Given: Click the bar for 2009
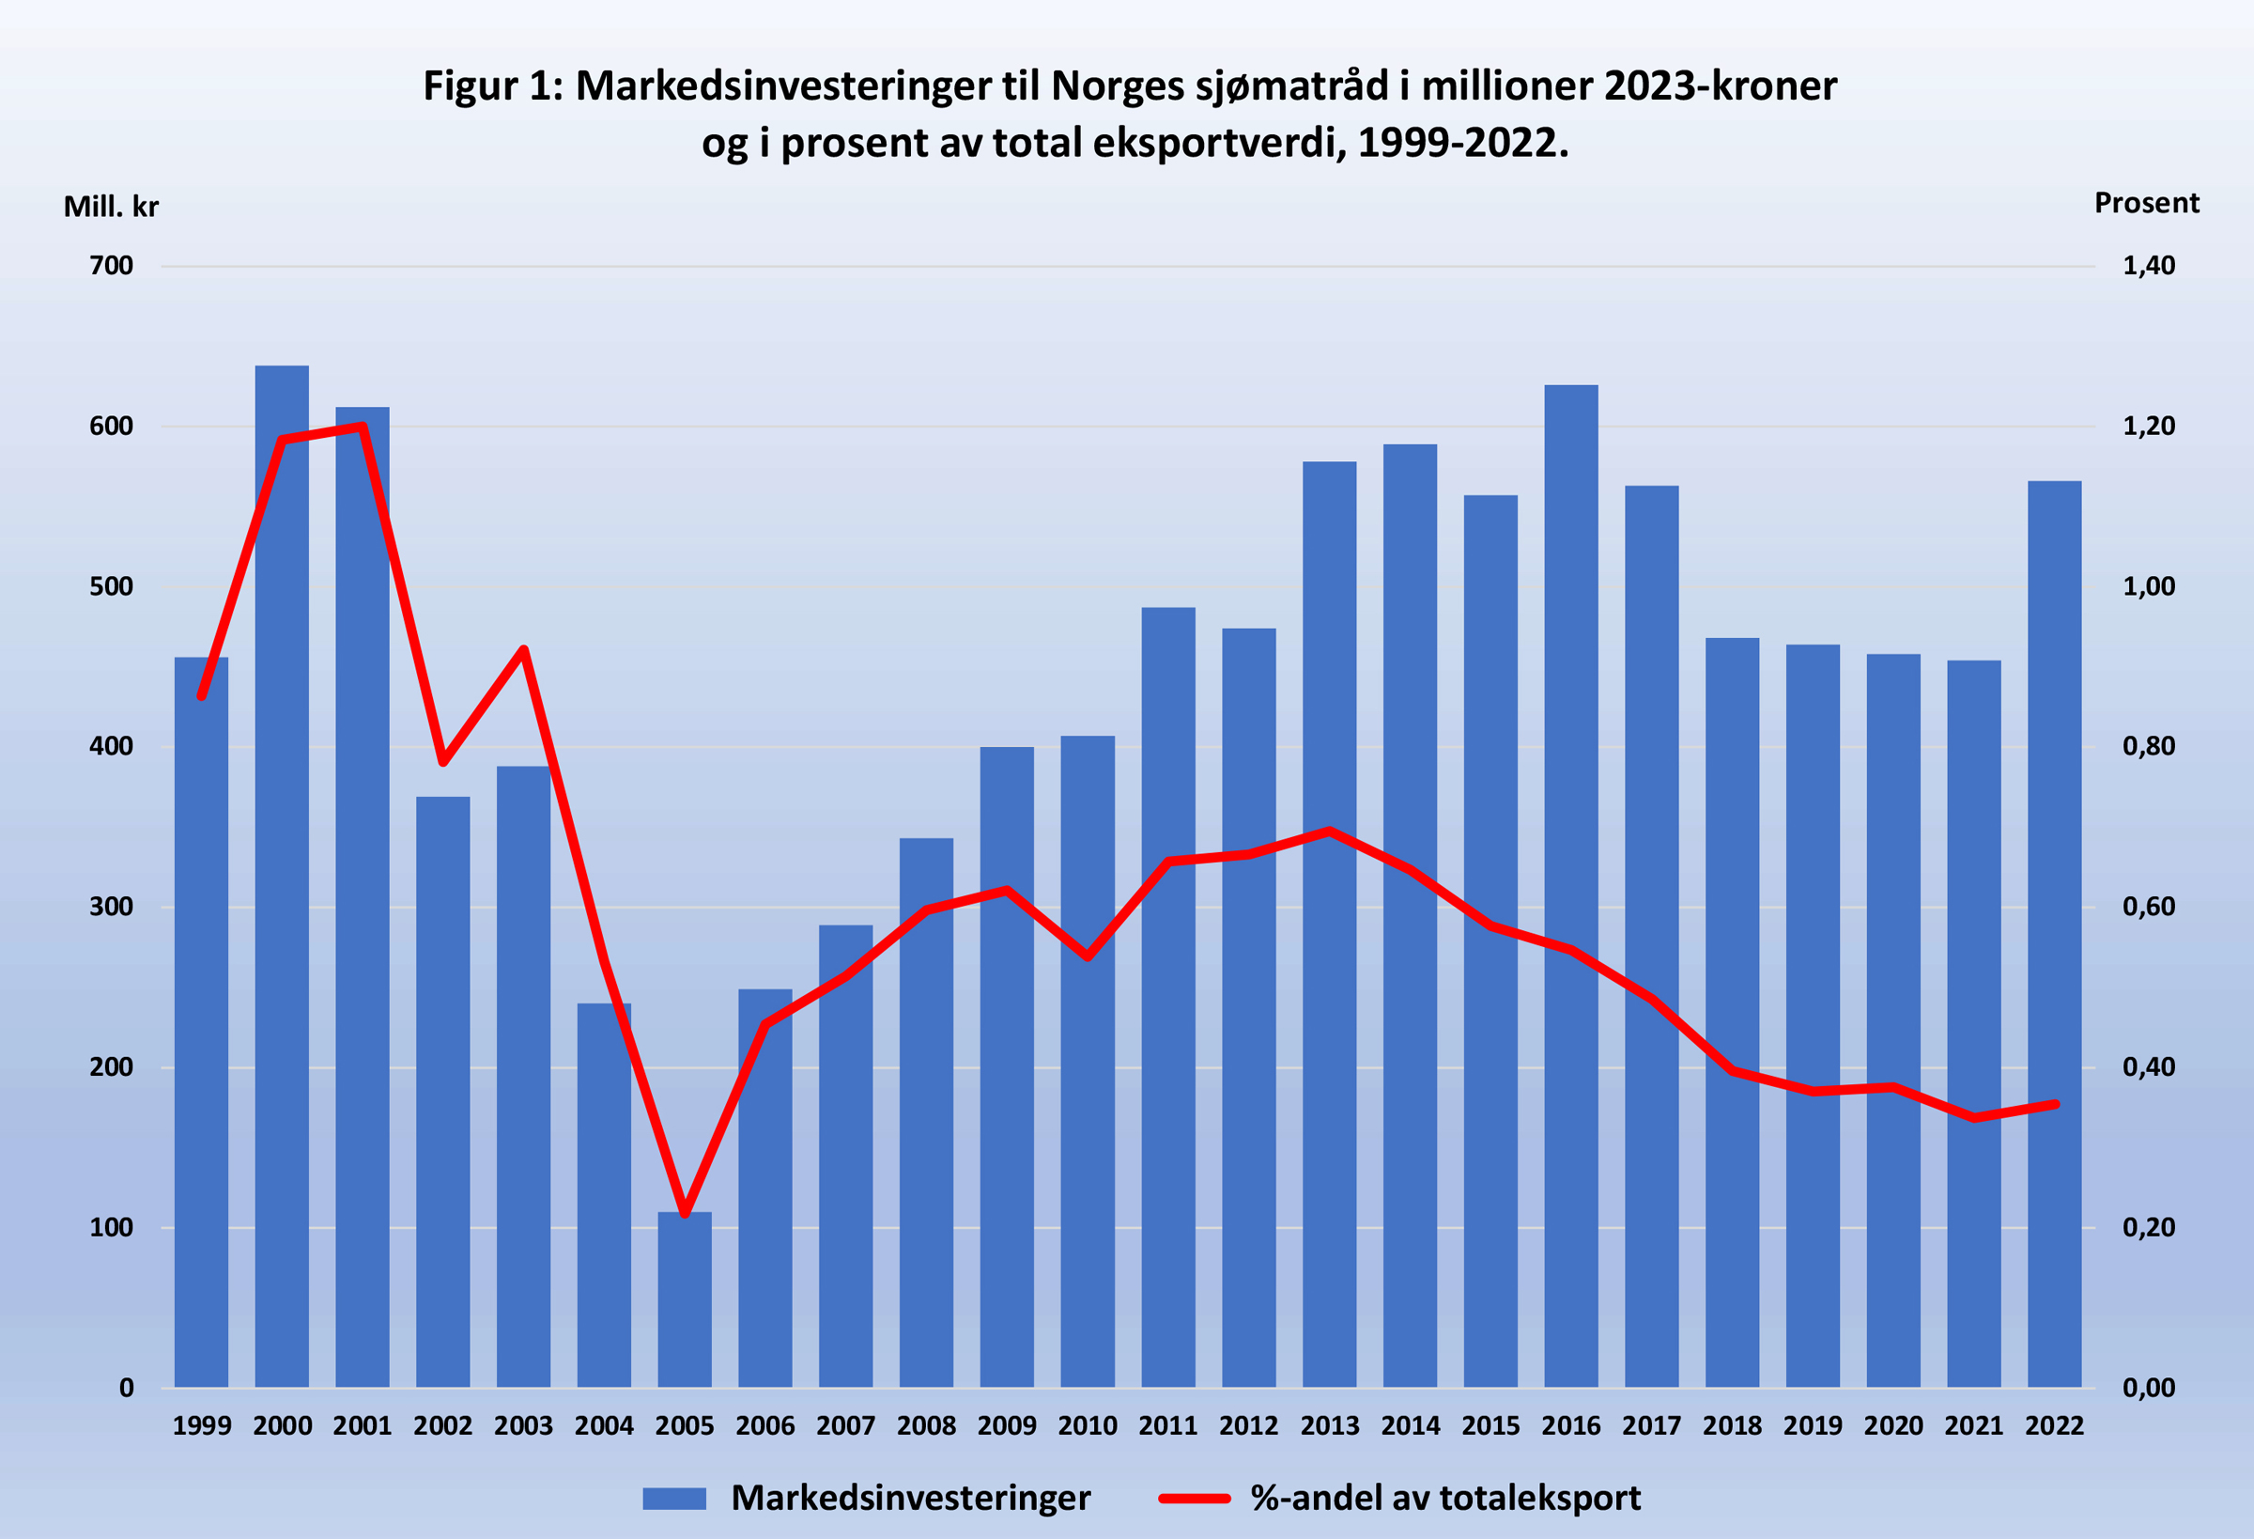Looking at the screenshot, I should (x=1007, y=1067).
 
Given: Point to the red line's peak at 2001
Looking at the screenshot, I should (x=362, y=426).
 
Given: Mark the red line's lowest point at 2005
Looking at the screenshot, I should (x=685, y=1213).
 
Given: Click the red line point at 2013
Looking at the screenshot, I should (x=1330, y=831).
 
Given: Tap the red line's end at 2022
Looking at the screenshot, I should (x=2054, y=1104).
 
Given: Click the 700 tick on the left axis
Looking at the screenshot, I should (x=112, y=266).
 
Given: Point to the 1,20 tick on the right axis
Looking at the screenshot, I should (x=2148, y=426).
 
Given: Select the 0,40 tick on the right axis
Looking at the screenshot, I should (x=2148, y=1067).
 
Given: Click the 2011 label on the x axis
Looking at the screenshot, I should (x=1167, y=1425).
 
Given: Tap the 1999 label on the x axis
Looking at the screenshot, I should (x=202, y=1425).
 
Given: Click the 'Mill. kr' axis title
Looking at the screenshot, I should (x=111, y=207).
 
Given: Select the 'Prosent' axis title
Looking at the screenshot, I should (x=2146, y=203).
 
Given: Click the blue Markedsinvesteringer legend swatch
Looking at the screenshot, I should (x=674, y=1499).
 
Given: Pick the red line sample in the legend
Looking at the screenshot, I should (x=1194, y=1499).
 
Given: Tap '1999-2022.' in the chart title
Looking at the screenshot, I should (x=1462, y=144).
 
